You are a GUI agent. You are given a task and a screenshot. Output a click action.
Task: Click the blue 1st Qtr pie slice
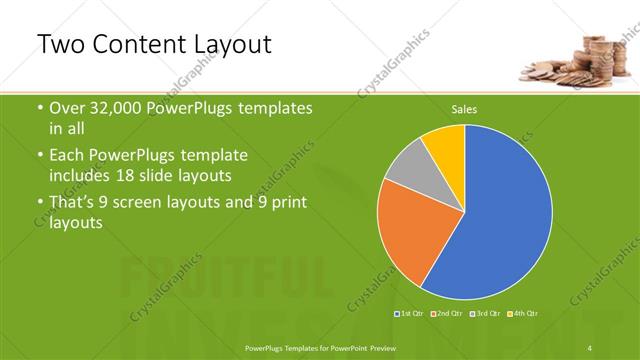(500, 220)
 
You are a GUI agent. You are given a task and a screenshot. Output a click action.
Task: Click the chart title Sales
(464, 109)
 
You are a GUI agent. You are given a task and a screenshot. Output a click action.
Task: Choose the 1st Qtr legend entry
(410, 314)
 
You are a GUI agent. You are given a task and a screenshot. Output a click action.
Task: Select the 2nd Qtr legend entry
(448, 314)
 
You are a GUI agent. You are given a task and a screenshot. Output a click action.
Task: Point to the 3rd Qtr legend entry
(486, 314)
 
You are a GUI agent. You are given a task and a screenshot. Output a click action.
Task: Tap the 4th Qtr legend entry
(524, 314)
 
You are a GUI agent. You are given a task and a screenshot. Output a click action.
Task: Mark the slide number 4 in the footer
(589, 347)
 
